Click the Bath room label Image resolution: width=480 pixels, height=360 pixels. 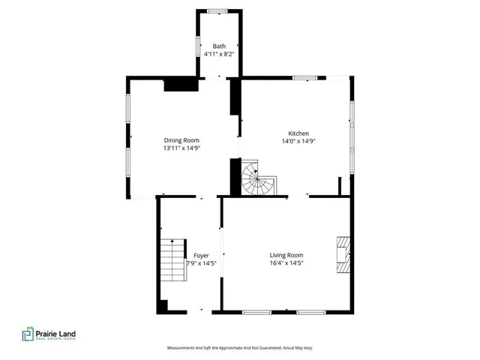coord(219,46)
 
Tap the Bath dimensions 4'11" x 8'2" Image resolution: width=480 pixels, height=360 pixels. coord(219,54)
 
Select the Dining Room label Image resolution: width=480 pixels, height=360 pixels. coord(181,140)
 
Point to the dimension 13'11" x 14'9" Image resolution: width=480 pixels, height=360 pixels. coord(181,148)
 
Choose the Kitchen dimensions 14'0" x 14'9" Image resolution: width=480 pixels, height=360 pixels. coord(297,141)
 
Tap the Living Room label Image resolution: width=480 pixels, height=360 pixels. coord(286,255)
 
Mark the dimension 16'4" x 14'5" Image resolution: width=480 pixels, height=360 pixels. coord(286,263)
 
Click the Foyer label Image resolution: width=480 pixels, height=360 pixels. coord(201,255)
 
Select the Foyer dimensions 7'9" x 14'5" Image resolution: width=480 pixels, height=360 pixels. coord(201,263)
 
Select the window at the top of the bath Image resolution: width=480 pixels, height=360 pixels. coord(219,10)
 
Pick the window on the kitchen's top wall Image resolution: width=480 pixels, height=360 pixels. coord(304,77)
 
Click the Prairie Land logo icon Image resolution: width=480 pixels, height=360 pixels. coord(28,334)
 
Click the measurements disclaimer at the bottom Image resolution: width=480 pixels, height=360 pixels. coord(239,348)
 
